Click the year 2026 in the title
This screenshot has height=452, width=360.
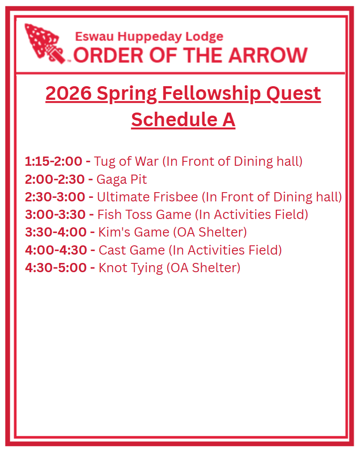68,93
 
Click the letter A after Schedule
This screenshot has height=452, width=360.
229,119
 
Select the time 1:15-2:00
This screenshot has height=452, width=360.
53,161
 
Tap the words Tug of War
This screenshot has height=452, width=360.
126,161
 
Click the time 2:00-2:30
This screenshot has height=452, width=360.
55,179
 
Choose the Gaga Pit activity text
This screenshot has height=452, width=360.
121,179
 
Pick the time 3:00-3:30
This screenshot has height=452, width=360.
55,215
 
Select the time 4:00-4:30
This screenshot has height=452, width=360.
56,250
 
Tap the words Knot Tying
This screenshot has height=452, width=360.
131,268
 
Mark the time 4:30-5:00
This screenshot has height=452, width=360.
56,267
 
